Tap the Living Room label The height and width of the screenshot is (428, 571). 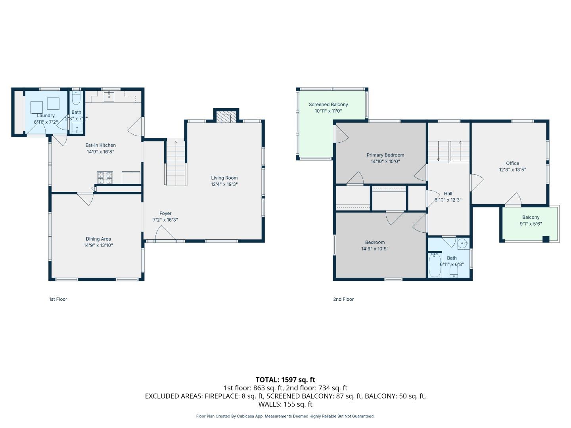(224, 178)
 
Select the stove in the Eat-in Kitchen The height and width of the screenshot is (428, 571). (105, 177)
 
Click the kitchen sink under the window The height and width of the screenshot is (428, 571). (109, 96)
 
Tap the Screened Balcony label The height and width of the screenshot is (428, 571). (328, 105)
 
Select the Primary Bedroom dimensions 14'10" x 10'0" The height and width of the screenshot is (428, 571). (385, 162)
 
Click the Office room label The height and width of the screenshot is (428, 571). (512, 163)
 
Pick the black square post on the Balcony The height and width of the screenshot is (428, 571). (546, 239)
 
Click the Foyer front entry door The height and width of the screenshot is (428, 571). (165, 235)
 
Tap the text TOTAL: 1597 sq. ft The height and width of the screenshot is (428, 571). (285, 380)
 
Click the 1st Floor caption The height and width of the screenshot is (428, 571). (58, 299)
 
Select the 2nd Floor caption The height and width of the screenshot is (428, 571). (343, 299)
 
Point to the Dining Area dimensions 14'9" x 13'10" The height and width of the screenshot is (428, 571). (98, 245)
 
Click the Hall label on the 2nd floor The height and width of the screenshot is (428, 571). (448, 194)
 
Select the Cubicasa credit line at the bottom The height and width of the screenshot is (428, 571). (285, 416)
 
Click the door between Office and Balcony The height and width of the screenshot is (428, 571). (514, 200)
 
